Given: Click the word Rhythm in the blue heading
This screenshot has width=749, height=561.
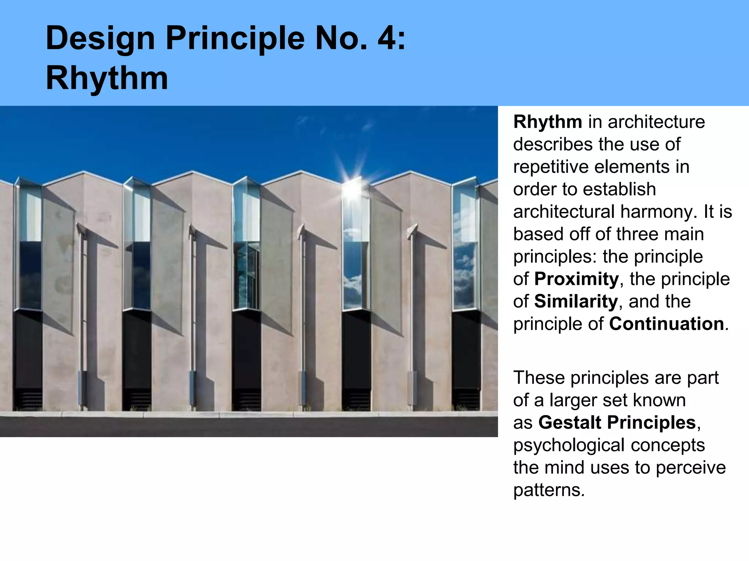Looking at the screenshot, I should coord(107,78).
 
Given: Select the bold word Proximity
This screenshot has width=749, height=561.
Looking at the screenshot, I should coord(576,279).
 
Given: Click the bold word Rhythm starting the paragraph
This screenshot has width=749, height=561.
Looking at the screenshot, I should coord(547,122).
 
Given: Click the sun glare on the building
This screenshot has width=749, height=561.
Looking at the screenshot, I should coord(352,188).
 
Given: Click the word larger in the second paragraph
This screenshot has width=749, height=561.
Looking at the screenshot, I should coord(574,400).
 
